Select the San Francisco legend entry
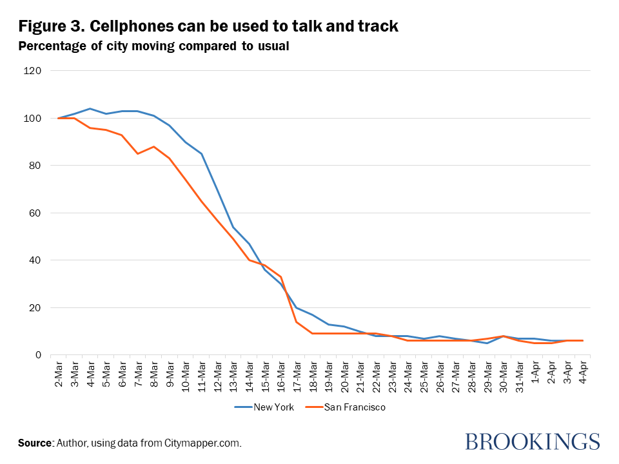click(x=348, y=407)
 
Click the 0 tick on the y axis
click(x=56, y=355)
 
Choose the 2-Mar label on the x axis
click(x=59, y=374)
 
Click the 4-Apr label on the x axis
click(x=583, y=374)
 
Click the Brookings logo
click(x=532, y=442)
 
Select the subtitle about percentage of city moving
click(x=154, y=46)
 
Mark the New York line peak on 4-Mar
click(x=90, y=108)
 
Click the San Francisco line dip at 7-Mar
click(x=137, y=153)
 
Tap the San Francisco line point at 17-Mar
click(x=297, y=322)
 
